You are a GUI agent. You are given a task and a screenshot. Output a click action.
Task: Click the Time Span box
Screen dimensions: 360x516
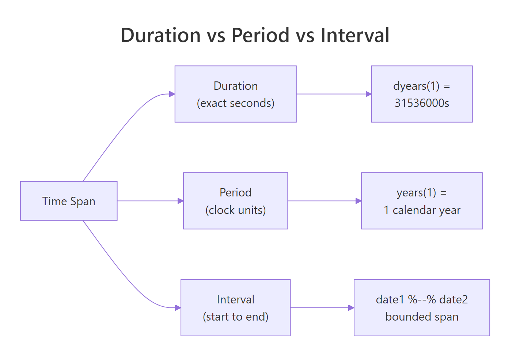click(x=69, y=201)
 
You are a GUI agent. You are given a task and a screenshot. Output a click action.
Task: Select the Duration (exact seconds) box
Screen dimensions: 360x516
click(x=235, y=94)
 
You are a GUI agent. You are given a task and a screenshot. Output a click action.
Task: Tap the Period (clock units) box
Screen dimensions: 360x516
click(x=235, y=201)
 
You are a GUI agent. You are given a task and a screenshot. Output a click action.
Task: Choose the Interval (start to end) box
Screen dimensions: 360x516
click(x=235, y=308)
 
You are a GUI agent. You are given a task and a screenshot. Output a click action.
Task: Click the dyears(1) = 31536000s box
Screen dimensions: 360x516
click(x=422, y=94)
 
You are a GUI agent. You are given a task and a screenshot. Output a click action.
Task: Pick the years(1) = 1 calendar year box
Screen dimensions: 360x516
click(x=422, y=201)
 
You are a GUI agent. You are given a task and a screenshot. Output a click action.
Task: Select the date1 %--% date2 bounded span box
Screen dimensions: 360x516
click(x=422, y=308)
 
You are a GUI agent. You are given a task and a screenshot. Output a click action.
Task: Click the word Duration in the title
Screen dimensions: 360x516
click(x=160, y=35)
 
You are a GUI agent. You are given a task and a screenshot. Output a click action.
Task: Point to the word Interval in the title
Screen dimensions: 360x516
click(x=355, y=35)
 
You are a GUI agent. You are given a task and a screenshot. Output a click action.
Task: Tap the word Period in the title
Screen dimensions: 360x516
click(x=261, y=35)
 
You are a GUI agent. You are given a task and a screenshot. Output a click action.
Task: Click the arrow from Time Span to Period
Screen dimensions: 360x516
click(x=150, y=201)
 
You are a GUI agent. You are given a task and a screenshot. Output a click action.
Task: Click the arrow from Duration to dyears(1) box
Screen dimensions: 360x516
click(x=333, y=94)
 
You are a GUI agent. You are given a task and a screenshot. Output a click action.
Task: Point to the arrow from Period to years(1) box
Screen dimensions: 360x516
click(x=324, y=201)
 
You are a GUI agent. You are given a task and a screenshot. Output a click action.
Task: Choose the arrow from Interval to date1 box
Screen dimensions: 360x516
click(x=322, y=308)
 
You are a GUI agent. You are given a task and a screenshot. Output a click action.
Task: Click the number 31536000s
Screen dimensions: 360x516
click(x=422, y=103)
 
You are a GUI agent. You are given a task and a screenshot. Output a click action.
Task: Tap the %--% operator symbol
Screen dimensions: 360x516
click(x=422, y=299)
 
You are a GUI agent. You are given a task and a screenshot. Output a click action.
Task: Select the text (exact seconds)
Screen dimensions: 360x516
click(x=235, y=103)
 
